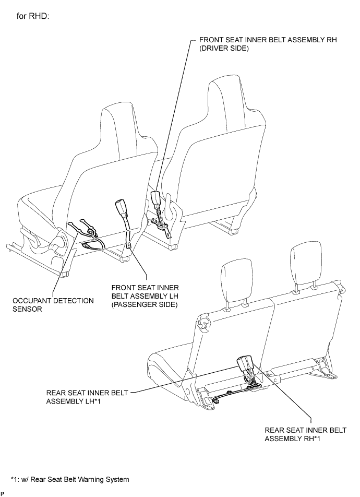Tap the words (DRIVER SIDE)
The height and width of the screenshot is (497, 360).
click(225, 49)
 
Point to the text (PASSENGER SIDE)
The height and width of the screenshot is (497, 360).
click(145, 304)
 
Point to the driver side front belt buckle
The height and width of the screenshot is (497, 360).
click(155, 198)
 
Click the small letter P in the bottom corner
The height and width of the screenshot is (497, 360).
click(3, 493)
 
